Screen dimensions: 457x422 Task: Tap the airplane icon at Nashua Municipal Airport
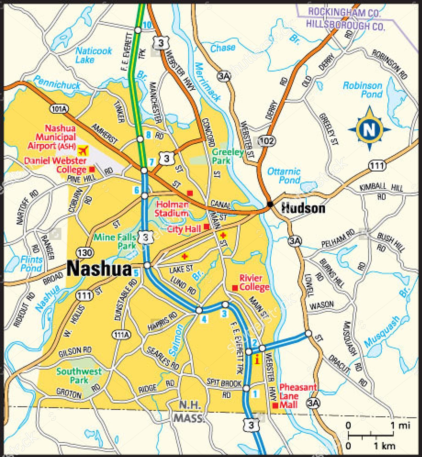click(x=83, y=150)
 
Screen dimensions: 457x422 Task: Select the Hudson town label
click(x=303, y=208)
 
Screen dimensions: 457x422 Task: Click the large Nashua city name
click(x=99, y=269)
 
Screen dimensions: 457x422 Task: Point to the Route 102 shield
click(x=267, y=141)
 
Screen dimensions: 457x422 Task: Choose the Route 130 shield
click(x=84, y=252)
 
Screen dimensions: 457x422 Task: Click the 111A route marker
click(x=121, y=335)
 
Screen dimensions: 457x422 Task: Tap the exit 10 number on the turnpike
click(x=147, y=25)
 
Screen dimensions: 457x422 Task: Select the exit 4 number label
click(x=204, y=319)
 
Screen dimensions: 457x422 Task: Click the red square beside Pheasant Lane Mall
click(x=275, y=405)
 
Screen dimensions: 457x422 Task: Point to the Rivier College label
click(x=254, y=282)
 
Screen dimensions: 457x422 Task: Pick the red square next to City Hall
click(x=207, y=227)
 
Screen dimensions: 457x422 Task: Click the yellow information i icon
click(x=257, y=359)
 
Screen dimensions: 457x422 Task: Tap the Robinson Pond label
click(x=363, y=90)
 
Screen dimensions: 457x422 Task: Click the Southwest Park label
click(x=79, y=376)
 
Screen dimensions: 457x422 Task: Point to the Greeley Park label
click(x=227, y=156)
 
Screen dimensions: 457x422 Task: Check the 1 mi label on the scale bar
click(x=400, y=425)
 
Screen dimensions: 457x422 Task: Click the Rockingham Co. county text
click(x=344, y=13)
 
